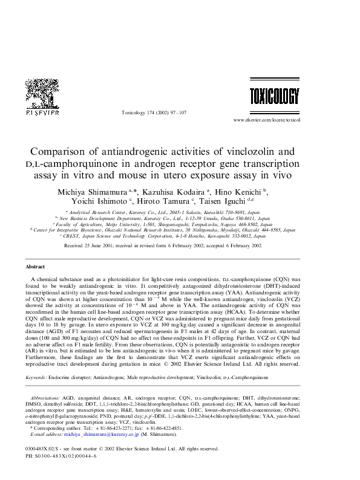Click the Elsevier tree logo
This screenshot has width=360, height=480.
click(x=41, y=93)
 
